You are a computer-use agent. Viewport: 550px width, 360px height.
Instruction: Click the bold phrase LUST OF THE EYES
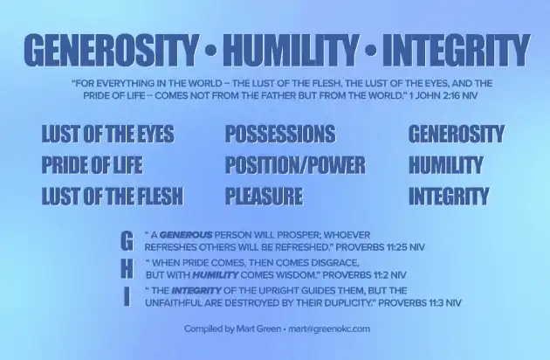coord(107,135)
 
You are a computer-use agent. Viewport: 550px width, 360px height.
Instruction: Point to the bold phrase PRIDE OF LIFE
coord(92,165)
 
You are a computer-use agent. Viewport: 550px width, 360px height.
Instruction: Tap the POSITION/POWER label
coord(295,165)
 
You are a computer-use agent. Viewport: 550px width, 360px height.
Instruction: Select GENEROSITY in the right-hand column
coord(456,135)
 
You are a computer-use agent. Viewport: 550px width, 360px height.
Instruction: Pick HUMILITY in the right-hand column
coord(445,165)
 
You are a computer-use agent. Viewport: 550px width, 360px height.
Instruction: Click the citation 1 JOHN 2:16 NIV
coord(415,93)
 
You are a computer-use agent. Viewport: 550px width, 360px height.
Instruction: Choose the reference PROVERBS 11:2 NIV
coord(361,274)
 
